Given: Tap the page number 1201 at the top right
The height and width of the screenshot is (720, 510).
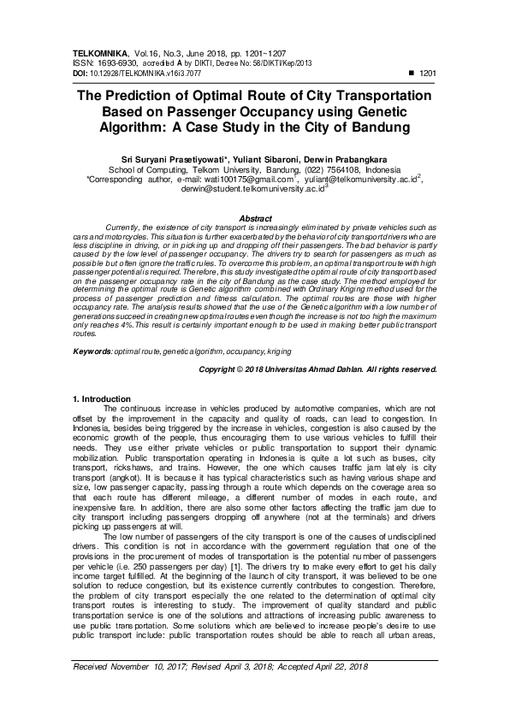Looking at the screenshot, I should pos(428,74).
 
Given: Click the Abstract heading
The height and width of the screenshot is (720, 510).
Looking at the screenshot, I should pos(255,220).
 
